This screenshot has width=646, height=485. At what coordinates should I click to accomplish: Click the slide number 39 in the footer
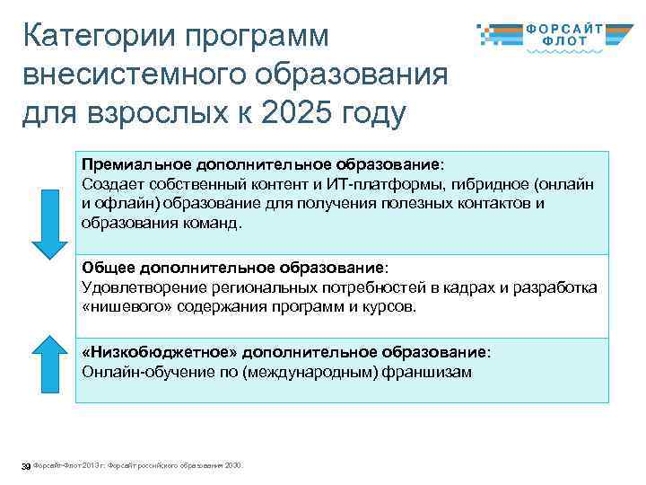(25, 465)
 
